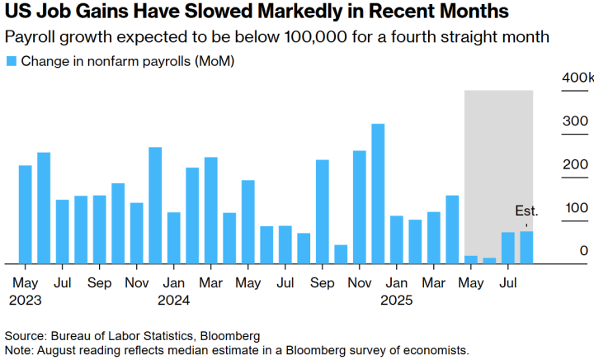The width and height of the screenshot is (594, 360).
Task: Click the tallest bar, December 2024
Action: click(378, 194)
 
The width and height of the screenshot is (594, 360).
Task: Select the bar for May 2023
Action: click(26, 215)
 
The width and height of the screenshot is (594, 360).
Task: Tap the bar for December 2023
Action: click(155, 206)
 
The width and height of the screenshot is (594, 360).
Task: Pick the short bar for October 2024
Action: click(341, 254)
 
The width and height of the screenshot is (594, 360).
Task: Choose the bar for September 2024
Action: click(323, 211)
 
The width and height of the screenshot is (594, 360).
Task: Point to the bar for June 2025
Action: click(489, 261)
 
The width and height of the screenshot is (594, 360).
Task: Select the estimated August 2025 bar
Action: click(526, 248)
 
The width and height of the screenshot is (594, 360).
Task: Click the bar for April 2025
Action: click(452, 230)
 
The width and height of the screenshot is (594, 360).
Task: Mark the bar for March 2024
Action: click(211, 211)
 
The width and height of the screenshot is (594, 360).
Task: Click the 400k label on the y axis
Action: click(577, 77)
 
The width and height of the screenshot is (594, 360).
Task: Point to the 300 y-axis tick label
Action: click(576, 121)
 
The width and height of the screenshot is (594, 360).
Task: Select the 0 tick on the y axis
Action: click(583, 251)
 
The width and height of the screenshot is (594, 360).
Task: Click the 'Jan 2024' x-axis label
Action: click(174, 291)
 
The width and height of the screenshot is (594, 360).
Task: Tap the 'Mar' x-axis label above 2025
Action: click(434, 282)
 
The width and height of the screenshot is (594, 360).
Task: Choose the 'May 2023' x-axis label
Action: click(26, 291)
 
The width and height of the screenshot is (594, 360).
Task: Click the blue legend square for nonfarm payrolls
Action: click(11, 61)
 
